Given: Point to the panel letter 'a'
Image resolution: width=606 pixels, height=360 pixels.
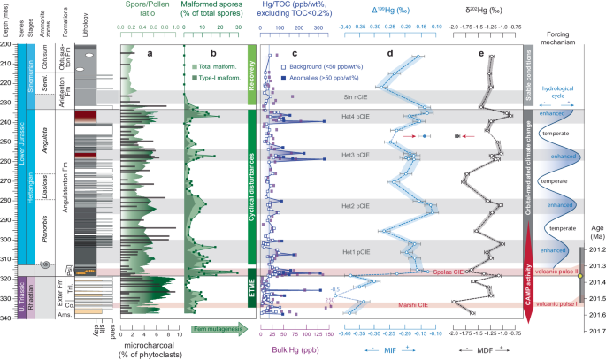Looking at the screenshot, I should point(149,54).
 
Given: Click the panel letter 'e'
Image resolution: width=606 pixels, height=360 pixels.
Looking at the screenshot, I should point(481,54).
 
